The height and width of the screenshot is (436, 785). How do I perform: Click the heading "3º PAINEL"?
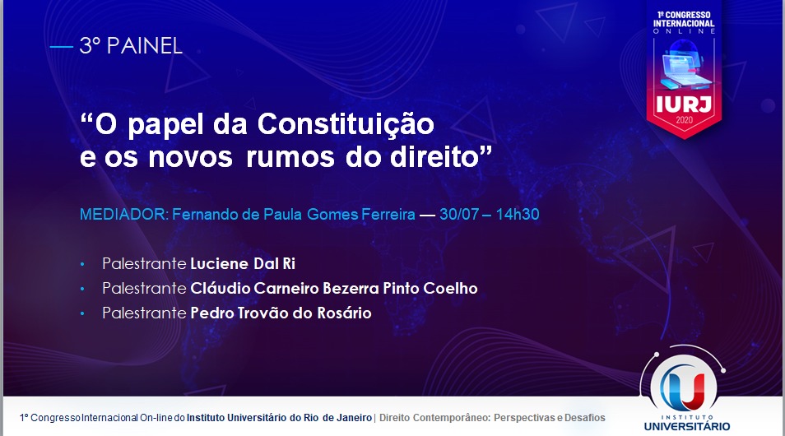point(131,46)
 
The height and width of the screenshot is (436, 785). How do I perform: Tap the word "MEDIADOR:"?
point(123,214)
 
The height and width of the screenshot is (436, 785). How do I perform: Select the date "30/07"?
point(459,214)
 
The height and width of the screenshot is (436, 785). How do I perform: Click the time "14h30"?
point(518,214)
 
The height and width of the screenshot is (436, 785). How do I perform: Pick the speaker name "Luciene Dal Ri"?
point(243,263)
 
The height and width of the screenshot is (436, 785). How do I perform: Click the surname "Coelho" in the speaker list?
point(450,288)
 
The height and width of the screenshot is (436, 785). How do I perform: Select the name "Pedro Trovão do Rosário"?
point(281,313)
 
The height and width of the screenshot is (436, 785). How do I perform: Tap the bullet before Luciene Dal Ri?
point(82,264)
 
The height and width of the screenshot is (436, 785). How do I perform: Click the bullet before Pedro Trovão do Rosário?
point(82,314)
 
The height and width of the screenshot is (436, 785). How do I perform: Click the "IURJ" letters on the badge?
point(683,104)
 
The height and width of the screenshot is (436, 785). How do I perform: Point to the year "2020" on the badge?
point(684,120)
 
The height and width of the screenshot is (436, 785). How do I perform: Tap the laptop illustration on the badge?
point(685,64)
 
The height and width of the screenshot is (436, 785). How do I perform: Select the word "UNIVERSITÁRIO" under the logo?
point(686,426)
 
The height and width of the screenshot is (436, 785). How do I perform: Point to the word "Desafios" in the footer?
point(585,417)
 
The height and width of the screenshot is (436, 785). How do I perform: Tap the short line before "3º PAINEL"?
point(62,47)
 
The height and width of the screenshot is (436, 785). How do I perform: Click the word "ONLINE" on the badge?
point(684,31)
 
